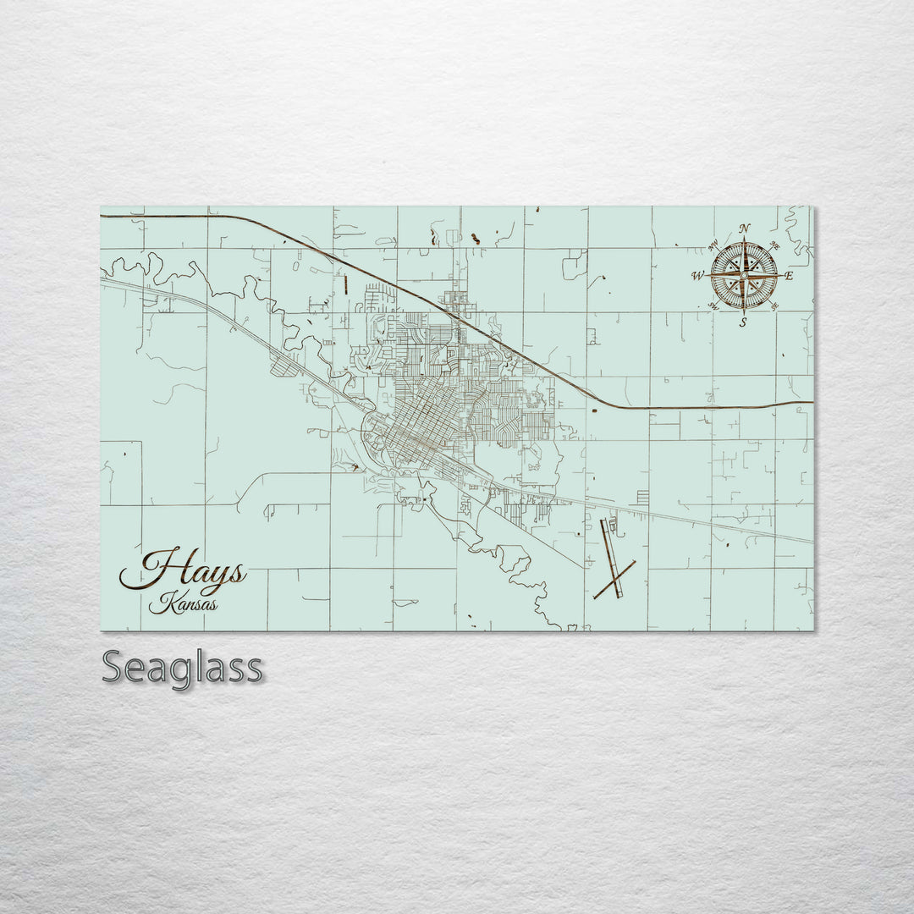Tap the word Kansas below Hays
pos(183,604)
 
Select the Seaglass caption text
pos(182,668)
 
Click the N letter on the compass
pos(744,228)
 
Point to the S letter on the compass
pos(743,322)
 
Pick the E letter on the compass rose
pos(789,276)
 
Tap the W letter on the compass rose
pos(697,276)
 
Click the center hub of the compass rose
pos(744,275)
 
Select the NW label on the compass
pos(713,246)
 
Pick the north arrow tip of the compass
pos(744,237)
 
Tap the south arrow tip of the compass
pos(744,314)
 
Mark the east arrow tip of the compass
pos(780,275)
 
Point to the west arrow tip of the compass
pos(707,275)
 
